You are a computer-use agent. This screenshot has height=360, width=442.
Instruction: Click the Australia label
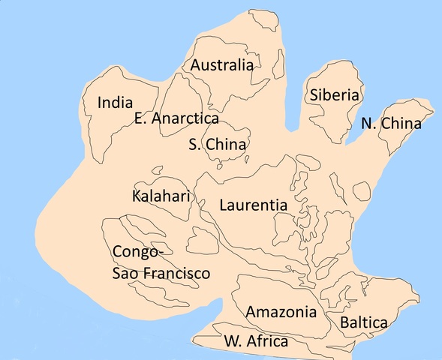point(221,65)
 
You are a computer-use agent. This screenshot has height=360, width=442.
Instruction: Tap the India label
point(115,103)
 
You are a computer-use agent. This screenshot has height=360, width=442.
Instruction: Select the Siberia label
point(335,95)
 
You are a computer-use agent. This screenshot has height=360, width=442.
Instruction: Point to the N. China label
point(391,124)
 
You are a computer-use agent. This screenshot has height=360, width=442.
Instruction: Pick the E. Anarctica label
point(176,118)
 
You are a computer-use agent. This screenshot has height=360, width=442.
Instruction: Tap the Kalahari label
point(161,196)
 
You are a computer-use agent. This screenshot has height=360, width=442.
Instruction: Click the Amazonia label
point(276,311)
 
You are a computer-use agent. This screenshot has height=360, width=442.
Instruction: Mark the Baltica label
point(364,323)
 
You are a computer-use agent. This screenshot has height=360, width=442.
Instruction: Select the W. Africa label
point(256,342)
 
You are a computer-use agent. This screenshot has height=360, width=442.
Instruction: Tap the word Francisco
point(177,273)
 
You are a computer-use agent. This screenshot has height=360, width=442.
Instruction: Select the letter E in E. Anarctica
point(139,118)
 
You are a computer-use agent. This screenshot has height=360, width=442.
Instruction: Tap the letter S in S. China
point(193,144)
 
